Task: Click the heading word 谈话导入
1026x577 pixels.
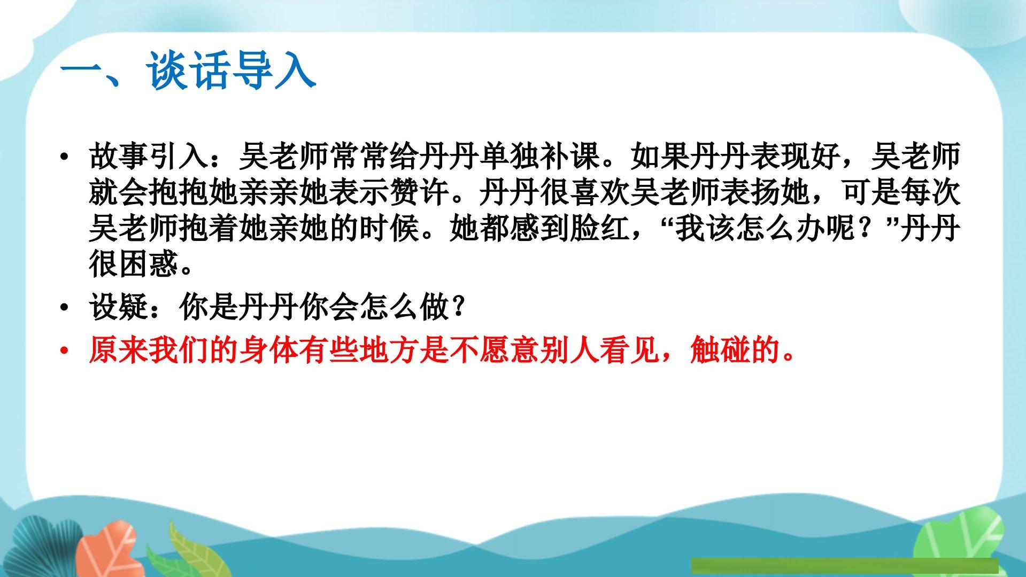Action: (x=232, y=70)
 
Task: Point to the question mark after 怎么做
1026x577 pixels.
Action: (x=457, y=307)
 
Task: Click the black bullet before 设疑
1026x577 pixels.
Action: (x=65, y=308)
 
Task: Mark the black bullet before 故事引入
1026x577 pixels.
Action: (x=65, y=157)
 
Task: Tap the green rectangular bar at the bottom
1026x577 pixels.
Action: (x=845, y=566)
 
